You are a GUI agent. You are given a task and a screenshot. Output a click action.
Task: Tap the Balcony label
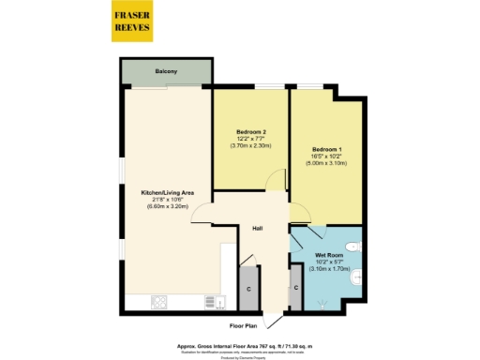pyautogui.click(x=166, y=72)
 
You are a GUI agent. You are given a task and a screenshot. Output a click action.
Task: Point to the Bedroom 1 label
pyautogui.click(x=325, y=148)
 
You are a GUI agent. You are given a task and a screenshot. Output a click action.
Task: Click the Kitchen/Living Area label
pyautogui.click(x=168, y=191)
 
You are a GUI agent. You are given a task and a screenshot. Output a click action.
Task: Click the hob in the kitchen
pyautogui.click(x=158, y=303)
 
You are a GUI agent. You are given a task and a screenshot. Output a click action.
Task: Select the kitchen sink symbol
pyautogui.click(x=212, y=302)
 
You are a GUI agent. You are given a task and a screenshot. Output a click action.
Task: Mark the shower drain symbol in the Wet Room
pyautogui.click(x=323, y=302)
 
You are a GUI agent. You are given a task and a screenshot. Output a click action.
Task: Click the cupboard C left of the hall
pyautogui.click(x=247, y=288)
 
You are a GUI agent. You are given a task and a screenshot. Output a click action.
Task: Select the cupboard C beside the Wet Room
pyautogui.click(x=295, y=288)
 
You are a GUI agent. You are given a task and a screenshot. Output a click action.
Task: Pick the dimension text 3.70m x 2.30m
pyautogui.click(x=249, y=144)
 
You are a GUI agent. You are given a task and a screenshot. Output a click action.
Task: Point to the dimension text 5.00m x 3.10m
pyautogui.click(x=325, y=163)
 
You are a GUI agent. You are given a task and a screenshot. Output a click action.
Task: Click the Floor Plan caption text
pyautogui.click(x=246, y=325)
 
